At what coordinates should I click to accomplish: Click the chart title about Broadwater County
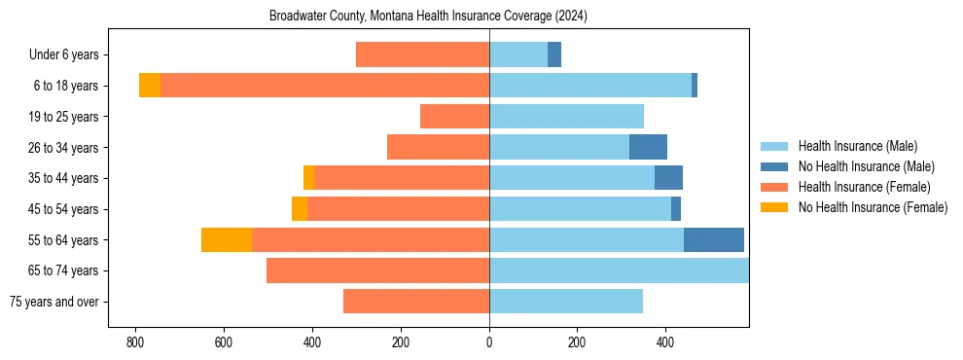click(428, 17)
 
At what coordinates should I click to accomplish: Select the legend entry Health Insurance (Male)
click(856, 146)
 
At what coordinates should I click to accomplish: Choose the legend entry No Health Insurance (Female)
click(873, 207)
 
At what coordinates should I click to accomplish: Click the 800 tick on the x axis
click(135, 342)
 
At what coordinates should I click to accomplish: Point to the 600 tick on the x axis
click(224, 342)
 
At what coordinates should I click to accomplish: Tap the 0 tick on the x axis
click(489, 342)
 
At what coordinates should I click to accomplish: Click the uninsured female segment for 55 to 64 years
click(227, 239)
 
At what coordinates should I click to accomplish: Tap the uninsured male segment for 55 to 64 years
click(714, 239)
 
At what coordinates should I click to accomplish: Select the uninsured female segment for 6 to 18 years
click(150, 86)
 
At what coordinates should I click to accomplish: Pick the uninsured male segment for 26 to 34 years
click(648, 147)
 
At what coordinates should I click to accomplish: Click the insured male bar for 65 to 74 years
click(619, 270)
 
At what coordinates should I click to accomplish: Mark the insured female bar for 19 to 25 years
click(454, 117)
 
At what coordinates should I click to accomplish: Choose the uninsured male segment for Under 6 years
click(554, 55)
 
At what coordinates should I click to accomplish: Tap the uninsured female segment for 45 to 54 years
click(300, 209)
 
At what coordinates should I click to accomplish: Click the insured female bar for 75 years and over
click(416, 302)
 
